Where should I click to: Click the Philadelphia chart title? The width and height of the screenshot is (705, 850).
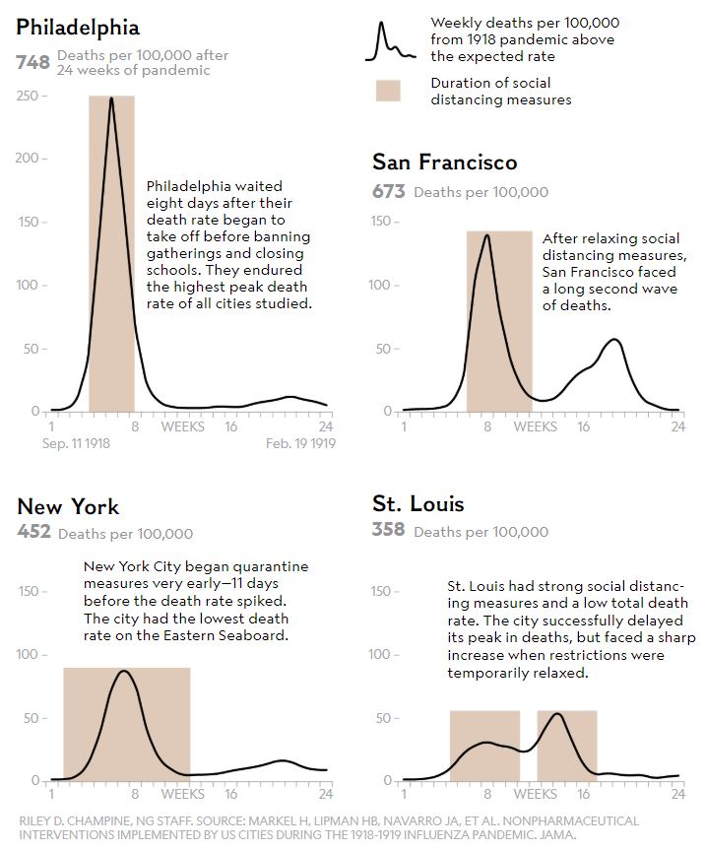pos(78,28)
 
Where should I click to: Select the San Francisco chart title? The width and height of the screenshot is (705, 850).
pos(444,163)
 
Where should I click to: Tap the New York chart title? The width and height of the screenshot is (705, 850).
pos(68,507)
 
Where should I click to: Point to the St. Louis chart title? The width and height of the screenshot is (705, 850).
pos(418,504)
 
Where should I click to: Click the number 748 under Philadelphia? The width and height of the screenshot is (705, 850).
pos(32,62)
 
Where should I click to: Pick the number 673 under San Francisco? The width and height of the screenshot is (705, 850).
pos(388,191)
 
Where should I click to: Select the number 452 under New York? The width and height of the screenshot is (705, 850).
pos(33,533)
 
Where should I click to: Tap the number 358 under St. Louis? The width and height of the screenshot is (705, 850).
pos(388,531)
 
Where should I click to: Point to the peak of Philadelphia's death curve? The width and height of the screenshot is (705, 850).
pos(111,98)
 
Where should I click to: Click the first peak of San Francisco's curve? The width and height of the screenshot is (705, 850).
pos(486,235)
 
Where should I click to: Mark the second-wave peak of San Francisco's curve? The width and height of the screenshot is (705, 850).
pos(614,340)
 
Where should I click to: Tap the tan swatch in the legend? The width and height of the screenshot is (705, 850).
pos(388,91)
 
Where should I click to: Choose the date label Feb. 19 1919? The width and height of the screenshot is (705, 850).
pos(301,444)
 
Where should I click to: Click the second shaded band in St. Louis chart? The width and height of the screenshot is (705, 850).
pos(567,745)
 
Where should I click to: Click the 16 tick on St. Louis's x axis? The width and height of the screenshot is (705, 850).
pos(583,794)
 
